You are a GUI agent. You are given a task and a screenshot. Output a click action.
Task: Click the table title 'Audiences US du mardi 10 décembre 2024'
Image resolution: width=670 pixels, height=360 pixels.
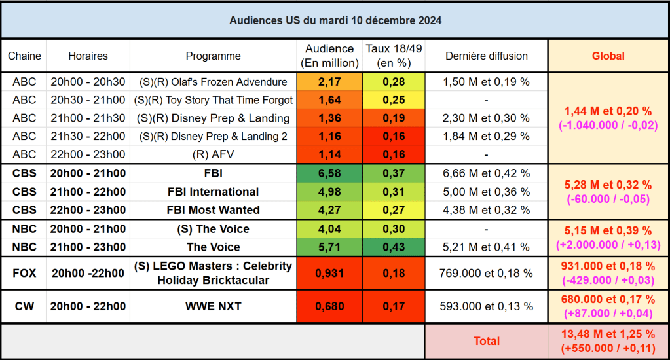tap(335, 20)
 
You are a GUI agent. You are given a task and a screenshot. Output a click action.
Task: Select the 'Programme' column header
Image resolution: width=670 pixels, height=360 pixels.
tap(213, 56)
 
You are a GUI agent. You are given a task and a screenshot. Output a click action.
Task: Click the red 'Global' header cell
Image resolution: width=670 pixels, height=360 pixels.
tap(608, 56)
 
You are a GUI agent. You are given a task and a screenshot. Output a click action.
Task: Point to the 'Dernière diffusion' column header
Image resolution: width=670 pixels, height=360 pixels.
tap(486, 56)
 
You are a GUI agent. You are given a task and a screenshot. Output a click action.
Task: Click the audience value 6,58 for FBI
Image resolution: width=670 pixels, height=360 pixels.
tap(329, 173)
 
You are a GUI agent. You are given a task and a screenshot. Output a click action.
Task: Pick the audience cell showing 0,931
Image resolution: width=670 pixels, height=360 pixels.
tap(329, 273)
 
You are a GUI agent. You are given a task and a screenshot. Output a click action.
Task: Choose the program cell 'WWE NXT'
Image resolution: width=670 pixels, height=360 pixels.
tap(213, 306)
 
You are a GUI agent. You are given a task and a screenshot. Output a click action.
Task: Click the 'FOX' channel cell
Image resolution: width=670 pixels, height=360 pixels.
tap(24, 273)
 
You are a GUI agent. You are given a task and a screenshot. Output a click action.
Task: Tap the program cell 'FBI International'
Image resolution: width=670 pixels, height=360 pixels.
tap(213, 192)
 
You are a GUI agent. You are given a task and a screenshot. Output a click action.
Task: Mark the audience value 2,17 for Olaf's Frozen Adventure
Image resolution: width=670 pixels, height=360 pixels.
tap(329, 82)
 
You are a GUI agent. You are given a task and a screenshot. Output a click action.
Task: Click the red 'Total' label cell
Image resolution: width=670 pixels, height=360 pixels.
tap(486, 340)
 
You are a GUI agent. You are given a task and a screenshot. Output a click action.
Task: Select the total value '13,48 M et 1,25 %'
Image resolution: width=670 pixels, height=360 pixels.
tap(608, 334)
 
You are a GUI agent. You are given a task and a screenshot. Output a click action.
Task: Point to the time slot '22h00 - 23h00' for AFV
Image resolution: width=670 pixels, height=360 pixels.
tap(88, 155)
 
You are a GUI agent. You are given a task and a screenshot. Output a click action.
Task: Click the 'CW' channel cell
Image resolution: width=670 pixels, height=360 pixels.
tap(24, 306)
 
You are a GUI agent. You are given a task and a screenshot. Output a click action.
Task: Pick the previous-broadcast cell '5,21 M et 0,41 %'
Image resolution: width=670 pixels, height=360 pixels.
tap(486, 247)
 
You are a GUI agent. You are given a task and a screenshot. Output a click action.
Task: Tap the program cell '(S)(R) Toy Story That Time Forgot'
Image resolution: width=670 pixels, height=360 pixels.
tap(213, 100)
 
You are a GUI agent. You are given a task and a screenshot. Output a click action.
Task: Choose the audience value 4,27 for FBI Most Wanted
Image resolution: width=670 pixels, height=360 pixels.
tap(329, 210)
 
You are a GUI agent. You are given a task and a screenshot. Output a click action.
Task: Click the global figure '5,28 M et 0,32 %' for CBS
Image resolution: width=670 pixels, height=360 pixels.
tap(608, 185)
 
